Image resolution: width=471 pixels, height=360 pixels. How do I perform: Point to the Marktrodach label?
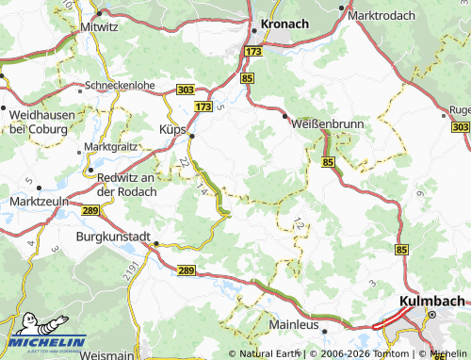point(386,16)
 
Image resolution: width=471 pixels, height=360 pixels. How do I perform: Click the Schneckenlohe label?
point(121,84)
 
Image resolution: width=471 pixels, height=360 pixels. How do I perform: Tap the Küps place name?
point(173,129)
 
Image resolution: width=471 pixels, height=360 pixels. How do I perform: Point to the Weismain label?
point(109,352)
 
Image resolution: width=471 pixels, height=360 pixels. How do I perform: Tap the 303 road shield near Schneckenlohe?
point(186,90)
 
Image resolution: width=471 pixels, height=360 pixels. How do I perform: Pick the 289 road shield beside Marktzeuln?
point(90,211)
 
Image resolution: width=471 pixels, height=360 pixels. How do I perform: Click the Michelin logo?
point(46,340)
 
